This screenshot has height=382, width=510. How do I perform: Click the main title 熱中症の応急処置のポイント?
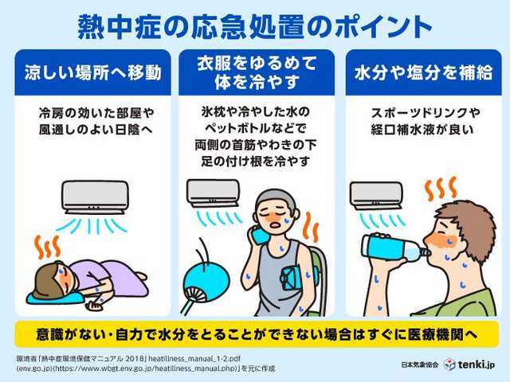coord(255,25)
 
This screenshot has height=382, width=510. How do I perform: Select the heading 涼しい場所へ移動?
coord(92,72)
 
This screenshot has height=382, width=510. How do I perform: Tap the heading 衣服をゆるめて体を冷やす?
coord(255,72)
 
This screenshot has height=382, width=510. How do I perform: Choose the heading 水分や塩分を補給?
coord(418,72)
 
